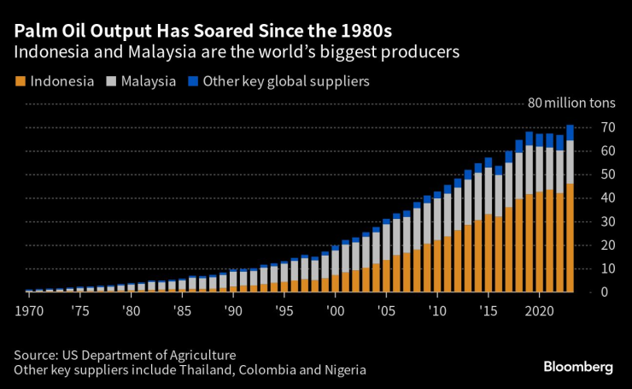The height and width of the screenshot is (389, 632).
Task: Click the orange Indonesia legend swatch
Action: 20,82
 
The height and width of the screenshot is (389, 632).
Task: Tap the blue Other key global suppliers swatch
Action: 192,82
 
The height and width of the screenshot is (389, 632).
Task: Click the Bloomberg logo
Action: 578,366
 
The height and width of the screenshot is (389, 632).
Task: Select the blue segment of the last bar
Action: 570,133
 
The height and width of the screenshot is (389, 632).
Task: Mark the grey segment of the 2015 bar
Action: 488,192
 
